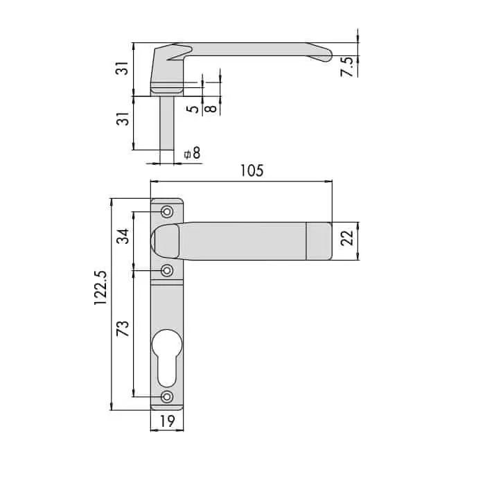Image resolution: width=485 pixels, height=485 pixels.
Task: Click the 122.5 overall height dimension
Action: tap(101, 288)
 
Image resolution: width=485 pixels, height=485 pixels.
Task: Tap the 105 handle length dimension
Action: tap(252, 170)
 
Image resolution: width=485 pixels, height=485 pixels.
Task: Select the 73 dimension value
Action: tap(123, 328)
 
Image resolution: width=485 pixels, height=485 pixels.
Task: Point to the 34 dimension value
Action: tap(123, 237)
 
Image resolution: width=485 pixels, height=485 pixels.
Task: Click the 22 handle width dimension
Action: tap(346, 238)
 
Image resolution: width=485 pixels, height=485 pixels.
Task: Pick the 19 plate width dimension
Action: tap(168, 421)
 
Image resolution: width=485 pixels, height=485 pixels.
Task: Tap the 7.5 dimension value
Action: tap(346, 67)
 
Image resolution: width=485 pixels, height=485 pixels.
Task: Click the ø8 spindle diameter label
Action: tap(192, 153)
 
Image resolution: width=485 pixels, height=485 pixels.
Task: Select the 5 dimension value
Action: tap(193, 109)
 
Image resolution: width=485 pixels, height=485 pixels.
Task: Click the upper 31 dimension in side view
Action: tap(123, 68)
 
